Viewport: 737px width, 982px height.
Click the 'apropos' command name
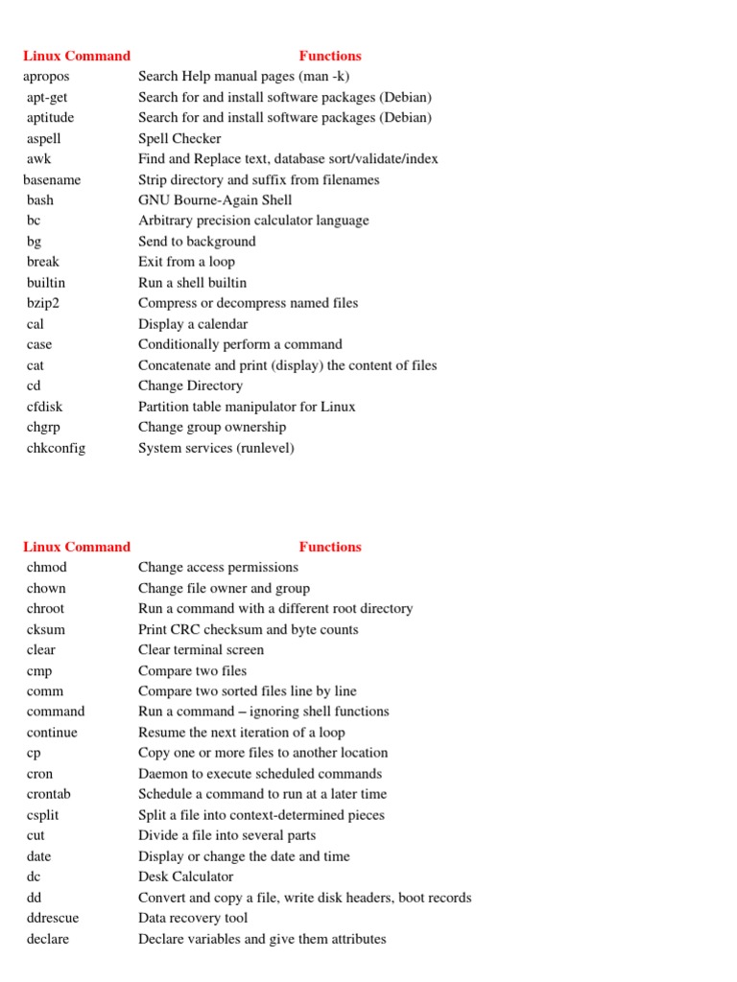46,76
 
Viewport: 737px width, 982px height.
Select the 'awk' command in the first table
38,159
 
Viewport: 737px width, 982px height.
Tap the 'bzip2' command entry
43,303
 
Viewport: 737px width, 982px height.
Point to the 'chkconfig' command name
56,448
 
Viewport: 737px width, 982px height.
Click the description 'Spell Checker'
179,138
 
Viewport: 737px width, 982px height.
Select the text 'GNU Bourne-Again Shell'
215,200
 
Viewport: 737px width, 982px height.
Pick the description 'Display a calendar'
193,324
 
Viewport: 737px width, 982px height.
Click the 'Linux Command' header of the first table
77,56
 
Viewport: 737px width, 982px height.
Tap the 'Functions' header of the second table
330,547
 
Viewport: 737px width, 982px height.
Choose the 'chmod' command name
47,568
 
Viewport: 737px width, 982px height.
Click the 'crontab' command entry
49,794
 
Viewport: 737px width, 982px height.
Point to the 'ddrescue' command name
53,918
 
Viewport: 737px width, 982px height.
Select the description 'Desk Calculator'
185,877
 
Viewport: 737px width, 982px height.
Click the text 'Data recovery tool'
193,918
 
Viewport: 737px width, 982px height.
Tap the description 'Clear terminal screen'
201,649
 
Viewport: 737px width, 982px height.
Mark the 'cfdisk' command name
44,407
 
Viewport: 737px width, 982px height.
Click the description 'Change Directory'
190,386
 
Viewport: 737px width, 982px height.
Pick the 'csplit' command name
43,815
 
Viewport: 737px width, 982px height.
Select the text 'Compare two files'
192,671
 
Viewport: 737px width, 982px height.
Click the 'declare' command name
48,939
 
